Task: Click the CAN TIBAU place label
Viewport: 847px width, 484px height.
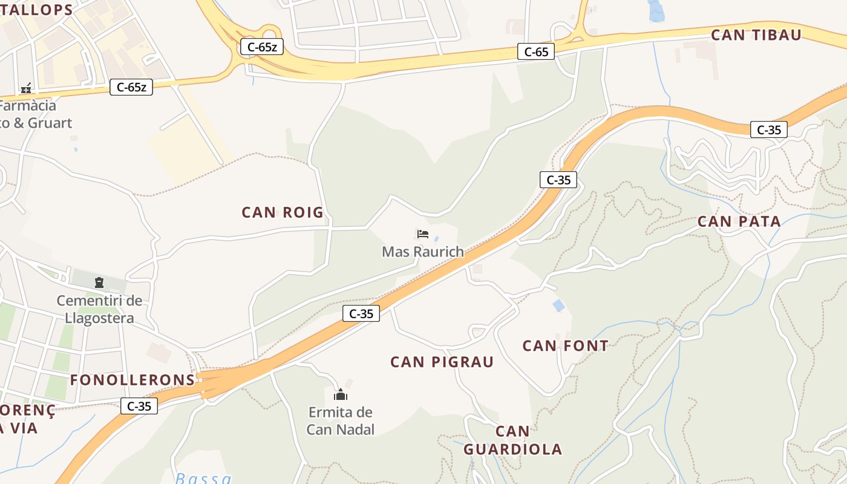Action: tap(756, 35)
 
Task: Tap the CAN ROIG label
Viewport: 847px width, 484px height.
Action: tap(283, 212)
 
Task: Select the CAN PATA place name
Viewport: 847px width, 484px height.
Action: tap(739, 221)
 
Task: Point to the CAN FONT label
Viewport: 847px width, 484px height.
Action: tap(565, 346)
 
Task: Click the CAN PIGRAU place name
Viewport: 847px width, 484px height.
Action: tap(442, 362)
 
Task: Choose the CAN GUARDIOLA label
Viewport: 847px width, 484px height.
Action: tap(513, 440)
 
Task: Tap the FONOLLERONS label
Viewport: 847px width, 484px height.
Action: tap(132, 380)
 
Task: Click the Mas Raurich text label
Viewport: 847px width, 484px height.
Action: tap(422, 252)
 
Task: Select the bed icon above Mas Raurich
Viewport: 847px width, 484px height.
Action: tap(422, 234)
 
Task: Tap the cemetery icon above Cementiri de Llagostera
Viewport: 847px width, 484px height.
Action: tap(99, 282)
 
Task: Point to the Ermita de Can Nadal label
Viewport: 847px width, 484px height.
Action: tap(341, 420)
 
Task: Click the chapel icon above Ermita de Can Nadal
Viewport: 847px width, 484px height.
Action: tap(341, 395)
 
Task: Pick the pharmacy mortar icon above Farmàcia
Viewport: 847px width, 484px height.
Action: tap(26, 88)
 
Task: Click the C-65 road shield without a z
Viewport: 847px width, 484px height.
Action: tap(536, 52)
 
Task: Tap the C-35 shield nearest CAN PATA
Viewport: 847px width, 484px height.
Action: tap(768, 129)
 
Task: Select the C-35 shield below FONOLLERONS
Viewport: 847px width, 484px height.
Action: tap(139, 406)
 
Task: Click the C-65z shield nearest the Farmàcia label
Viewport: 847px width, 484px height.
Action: tap(131, 87)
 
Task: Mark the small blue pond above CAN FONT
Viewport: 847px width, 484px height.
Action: tap(558, 306)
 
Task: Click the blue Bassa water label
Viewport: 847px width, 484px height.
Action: tap(203, 478)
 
